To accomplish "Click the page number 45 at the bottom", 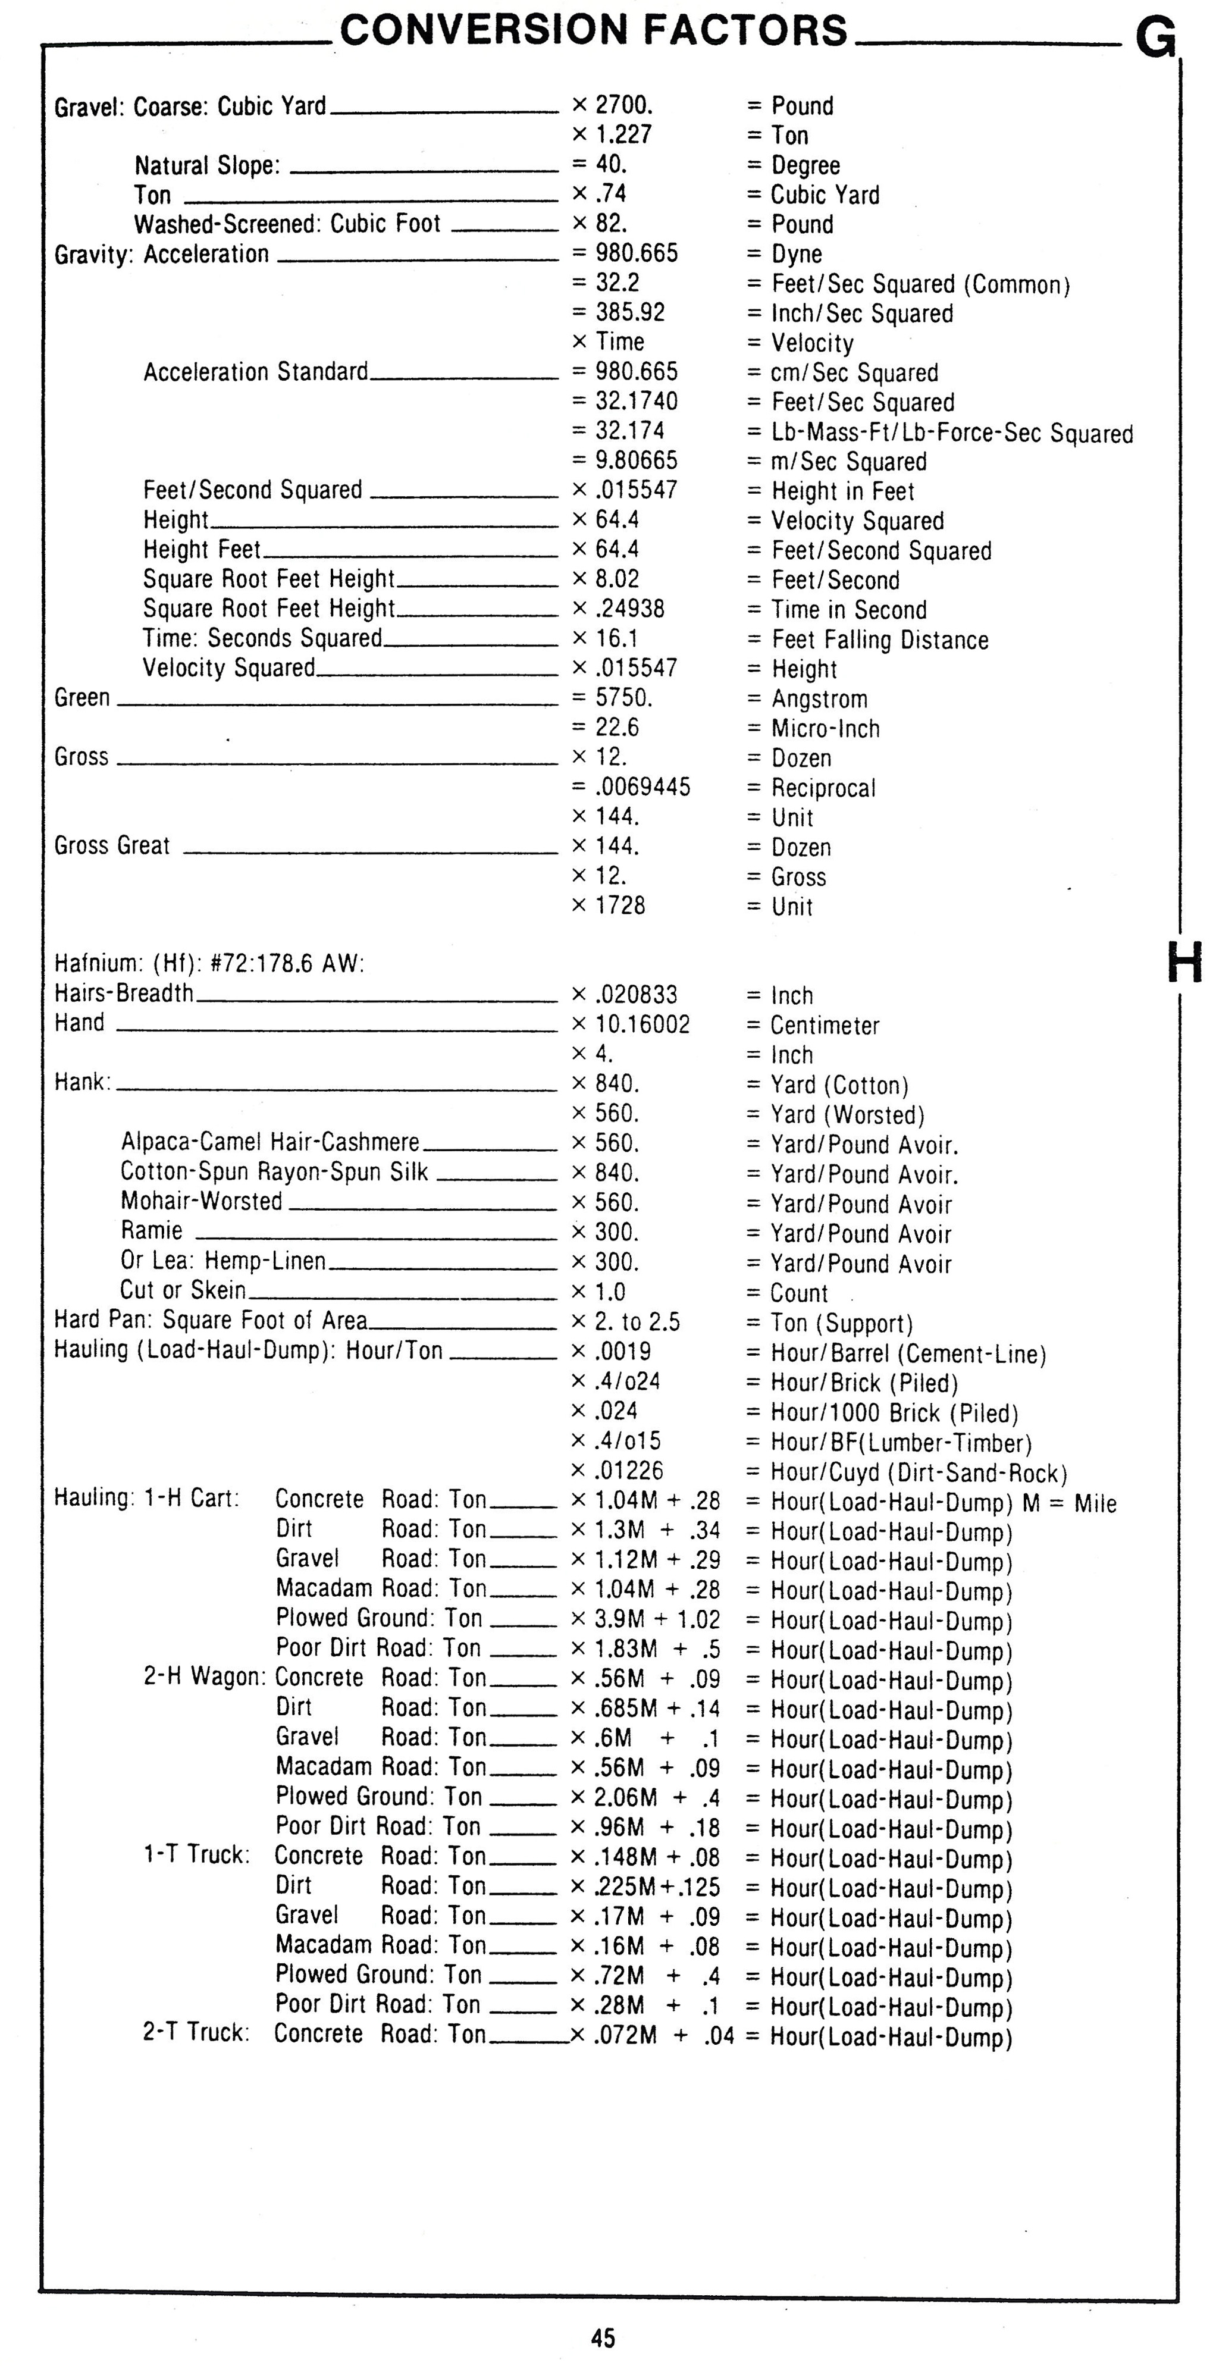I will pos(603,2337).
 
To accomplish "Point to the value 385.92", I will pos(630,312).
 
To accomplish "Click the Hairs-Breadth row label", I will pos(124,994).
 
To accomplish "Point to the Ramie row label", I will pos(152,1231).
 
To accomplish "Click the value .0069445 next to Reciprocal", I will pos(642,787).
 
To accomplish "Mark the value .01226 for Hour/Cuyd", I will pos(629,1471).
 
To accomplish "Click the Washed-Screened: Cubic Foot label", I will pos(287,224).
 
